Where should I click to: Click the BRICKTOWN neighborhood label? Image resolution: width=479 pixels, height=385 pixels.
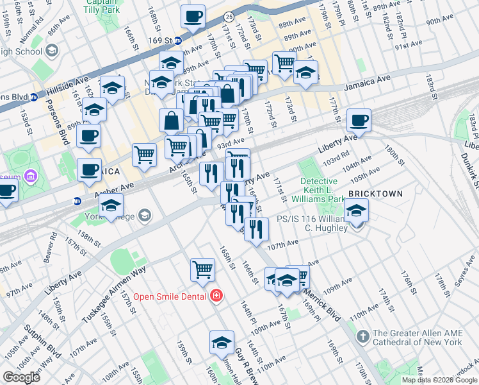(375, 194)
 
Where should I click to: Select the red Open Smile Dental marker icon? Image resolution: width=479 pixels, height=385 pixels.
(216, 296)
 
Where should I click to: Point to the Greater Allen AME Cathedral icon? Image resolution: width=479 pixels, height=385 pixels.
(362, 336)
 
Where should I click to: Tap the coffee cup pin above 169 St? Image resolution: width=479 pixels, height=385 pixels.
(193, 17)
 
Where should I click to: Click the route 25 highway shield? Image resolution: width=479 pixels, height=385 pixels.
(229, 15)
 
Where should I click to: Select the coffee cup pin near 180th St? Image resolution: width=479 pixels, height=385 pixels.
(359, 120)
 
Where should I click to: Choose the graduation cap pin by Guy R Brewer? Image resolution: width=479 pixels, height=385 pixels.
(222, 343)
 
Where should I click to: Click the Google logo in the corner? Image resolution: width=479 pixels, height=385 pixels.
(21, 377)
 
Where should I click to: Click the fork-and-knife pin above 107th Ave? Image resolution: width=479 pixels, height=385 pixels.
(256, 229)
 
